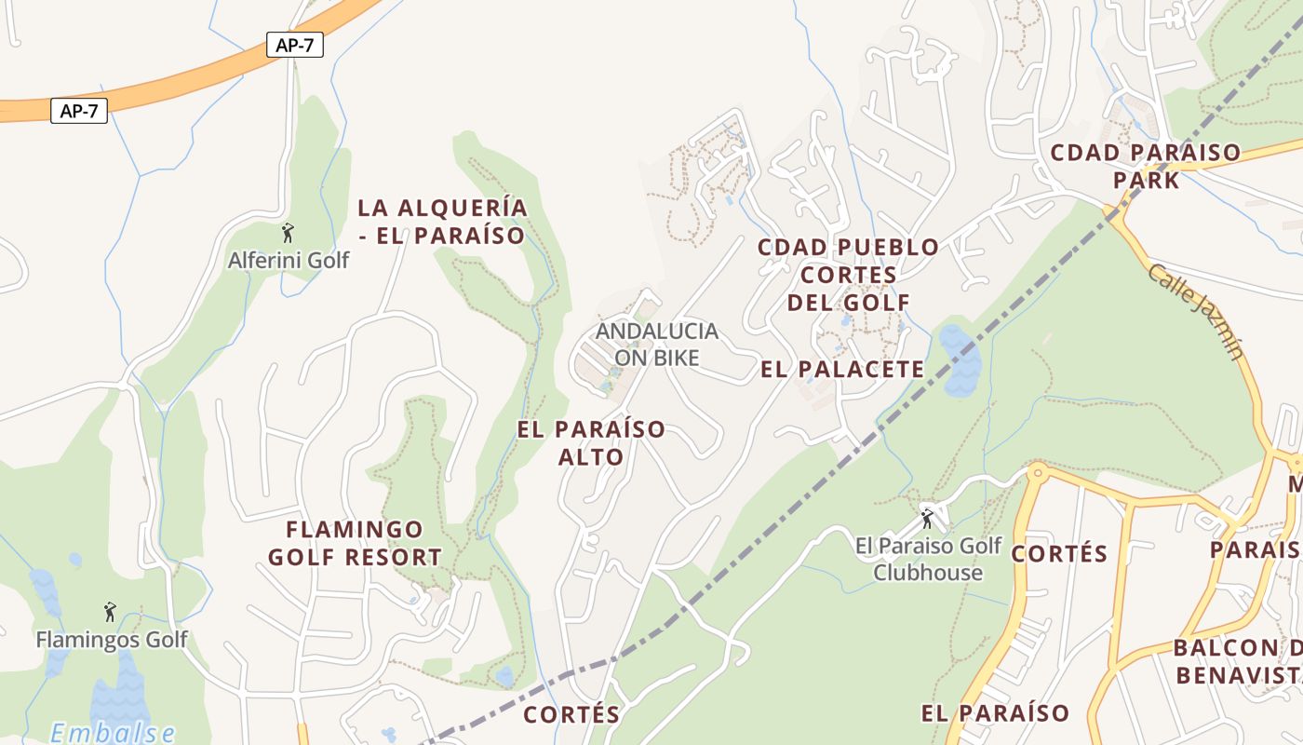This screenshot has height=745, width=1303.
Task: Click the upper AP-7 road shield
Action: (295, 45)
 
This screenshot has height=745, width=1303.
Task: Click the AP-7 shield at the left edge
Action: (79, 112)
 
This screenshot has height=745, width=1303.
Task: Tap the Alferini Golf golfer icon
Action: (288, 233)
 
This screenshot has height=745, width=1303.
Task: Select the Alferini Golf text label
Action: (289, 260)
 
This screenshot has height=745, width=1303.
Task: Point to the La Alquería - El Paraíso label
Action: (442, 222)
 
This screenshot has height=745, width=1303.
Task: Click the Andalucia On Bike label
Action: (657, 344)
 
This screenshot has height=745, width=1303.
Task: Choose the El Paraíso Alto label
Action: (591, 442)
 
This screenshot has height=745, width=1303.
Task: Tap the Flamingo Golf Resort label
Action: (355, 543)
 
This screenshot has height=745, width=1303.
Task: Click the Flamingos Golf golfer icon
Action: (111, 613)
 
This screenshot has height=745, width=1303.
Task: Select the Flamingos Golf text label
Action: (112, 640)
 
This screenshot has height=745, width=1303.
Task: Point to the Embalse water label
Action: (112, 732)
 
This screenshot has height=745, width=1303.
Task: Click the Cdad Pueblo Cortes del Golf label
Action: (848, 274)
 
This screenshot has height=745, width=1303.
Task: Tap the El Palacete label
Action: (842, 370)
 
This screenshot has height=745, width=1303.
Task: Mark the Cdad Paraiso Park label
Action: (1146, 166)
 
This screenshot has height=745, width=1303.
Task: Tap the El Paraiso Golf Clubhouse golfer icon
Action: (927, 518)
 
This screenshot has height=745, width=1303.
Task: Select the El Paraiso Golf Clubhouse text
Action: (928, 559)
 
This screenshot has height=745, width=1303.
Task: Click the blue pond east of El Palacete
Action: (960, 360)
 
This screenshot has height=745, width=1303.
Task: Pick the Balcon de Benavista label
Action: (1238, 661)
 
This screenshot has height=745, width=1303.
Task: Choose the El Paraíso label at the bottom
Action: (995, 714)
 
